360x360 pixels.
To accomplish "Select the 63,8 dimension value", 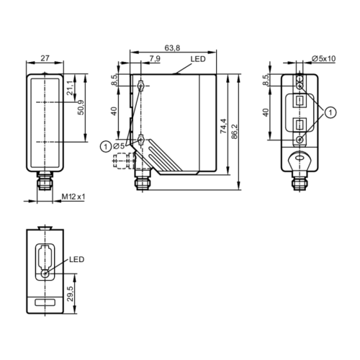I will point(172,48).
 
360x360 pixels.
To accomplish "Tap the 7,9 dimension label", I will point(155,58).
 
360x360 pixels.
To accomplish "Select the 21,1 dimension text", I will point(69,89).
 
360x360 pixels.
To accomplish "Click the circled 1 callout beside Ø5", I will point(107,147).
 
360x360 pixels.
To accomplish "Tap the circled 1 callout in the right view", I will point(330,112).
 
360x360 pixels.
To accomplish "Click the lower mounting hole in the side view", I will point(141,139).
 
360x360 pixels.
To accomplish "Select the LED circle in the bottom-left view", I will point(45,273).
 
